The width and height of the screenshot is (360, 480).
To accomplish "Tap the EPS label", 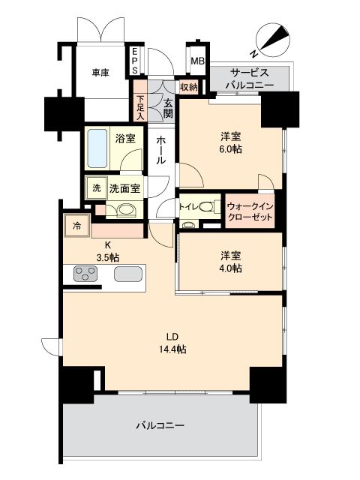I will [136, 61].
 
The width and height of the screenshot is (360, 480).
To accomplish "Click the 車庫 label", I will [100, 73].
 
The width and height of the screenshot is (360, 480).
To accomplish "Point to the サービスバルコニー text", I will [251, 78].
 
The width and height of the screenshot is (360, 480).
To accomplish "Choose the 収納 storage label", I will [188, 88].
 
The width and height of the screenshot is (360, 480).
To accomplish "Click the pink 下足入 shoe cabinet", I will [140, 106].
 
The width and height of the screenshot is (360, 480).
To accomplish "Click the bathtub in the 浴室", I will [97, 147].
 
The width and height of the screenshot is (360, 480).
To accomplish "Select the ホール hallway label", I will [161, 150].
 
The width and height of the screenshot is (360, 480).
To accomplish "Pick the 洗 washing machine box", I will [96, 187].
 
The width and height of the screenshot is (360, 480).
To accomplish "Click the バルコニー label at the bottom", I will [160, 425].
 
